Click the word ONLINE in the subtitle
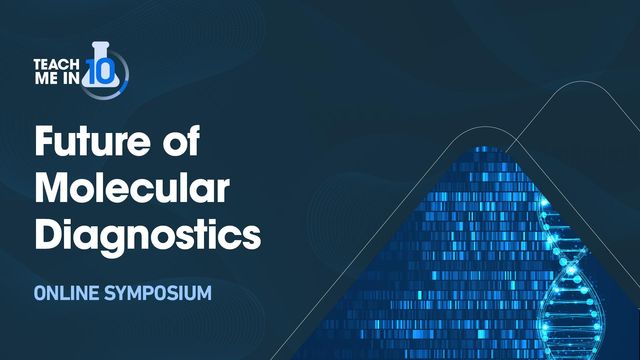[70, 296]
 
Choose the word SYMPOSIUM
[164, 296]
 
